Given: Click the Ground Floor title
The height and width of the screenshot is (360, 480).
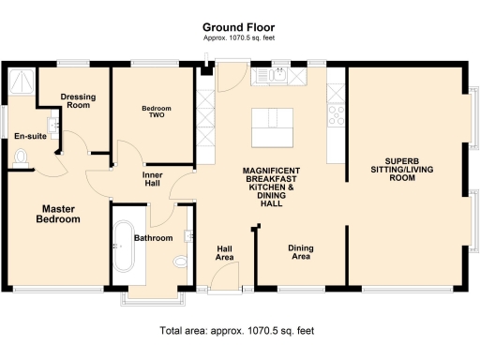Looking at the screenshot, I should pos(240,29).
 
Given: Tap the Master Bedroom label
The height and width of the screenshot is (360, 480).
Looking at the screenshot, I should pos(58,213).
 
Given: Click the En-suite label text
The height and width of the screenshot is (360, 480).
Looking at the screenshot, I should pos(29,138).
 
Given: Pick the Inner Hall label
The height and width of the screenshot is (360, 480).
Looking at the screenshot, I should pos(154,180).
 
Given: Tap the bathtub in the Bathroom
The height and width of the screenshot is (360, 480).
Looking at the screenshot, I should pos(123,247).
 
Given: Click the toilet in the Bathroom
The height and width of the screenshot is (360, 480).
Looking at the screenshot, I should pos(182,265).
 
